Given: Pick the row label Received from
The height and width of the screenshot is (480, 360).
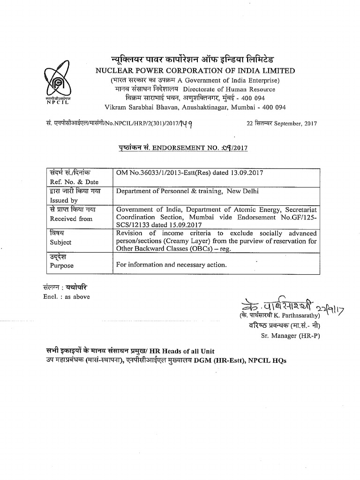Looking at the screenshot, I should pyautogui.click(x=71, y=219).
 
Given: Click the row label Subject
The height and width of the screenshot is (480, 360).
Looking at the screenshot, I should pyautogui.click(x=60, y=242).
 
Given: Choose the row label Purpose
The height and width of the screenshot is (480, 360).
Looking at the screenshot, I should pyautogui.click(x=61, y=266).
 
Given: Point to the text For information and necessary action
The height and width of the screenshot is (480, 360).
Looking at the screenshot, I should pyautogui.click(x=172, y=265).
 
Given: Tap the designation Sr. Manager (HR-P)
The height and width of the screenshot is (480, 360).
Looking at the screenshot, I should pyautogui.click(x=290, y=336).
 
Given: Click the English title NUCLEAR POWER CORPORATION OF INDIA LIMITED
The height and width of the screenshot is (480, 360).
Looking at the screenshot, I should pyautogui.click(x=195, y=71).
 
